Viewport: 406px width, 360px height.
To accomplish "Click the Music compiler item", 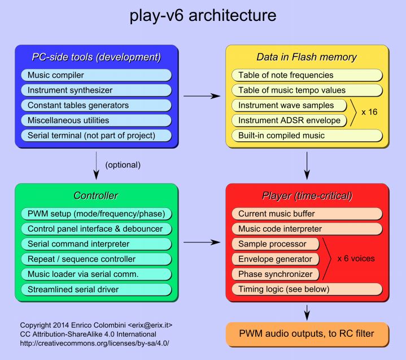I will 96,75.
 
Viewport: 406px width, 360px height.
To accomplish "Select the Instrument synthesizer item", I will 96,90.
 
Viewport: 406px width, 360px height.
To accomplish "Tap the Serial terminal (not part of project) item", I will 96,135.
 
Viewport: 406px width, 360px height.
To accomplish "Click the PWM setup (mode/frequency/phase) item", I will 96,214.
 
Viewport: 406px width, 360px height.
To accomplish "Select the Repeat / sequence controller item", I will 96,259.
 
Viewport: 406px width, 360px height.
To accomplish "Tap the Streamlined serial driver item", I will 96,289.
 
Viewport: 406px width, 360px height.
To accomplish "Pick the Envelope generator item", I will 275,259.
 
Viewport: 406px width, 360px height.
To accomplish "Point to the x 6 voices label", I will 356,259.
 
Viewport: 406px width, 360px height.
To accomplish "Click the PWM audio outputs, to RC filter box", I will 307,334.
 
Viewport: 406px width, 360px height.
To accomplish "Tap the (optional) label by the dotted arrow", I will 123,166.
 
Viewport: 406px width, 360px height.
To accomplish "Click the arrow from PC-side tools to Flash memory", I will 202,96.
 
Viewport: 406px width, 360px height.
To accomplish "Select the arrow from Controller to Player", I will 202,242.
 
